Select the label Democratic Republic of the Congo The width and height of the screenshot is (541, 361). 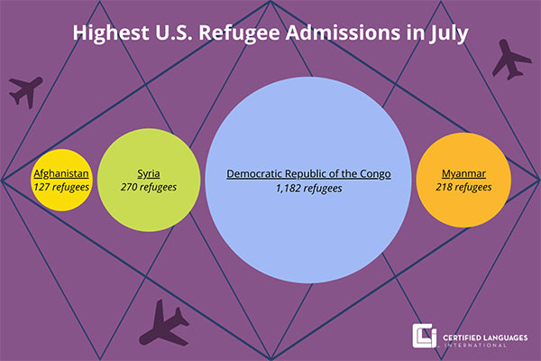pos(308,172)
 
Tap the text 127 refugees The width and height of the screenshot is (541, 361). pos(61,187)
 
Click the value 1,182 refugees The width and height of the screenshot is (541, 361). pos(308,188)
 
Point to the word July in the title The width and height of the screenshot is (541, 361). pos(451,34)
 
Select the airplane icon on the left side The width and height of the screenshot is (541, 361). pos(25,90)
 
